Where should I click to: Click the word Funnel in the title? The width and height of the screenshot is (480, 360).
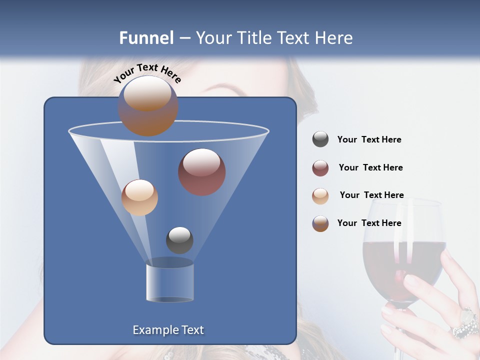click(146, 38)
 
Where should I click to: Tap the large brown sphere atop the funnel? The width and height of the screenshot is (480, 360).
click(148, 105)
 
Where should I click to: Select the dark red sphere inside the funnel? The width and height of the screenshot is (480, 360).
click(202, 172)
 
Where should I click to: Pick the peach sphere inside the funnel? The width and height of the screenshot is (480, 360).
click(139, 197)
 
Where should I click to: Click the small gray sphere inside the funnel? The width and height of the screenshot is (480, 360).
click(179, 240)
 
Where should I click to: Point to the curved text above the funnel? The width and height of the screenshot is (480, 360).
click(147, 73)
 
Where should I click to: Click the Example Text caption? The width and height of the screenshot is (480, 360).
click(168, 330)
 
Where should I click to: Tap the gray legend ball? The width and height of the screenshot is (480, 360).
click(320, 139)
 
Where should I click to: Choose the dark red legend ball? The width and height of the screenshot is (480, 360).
click(320, 168)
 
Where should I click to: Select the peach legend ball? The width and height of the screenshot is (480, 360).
click(320, 195)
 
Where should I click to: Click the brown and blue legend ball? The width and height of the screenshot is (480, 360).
click(320, 223)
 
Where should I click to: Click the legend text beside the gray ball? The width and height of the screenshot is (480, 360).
click(369, 139)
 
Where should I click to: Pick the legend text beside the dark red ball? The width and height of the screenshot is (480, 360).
click(370, 167)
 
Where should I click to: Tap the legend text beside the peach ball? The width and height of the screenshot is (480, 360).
click(371, 195)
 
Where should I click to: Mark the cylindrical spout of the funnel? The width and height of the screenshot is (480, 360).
click(169, 282)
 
